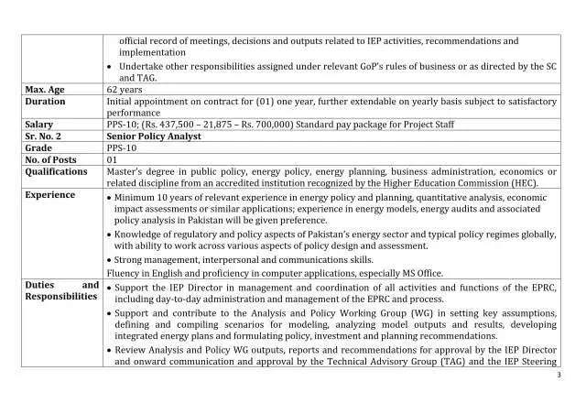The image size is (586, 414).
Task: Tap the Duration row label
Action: coord(45,103)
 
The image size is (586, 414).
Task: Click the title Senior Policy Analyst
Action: coord(154,136)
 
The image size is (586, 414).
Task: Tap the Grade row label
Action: coord(38,147)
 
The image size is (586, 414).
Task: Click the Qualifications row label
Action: coord(56,171)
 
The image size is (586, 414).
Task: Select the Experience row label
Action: coord(51,195)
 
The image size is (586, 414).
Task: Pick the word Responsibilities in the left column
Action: coord(61,297)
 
